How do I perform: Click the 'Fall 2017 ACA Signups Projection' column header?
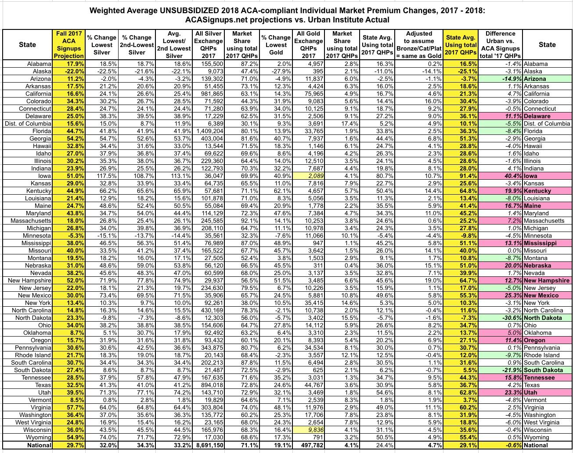tap(69, 44)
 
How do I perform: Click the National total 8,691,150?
tap(208, 445)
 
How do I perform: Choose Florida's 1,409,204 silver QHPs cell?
tap(208, 131)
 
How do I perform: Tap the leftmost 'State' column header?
tap(27, 44)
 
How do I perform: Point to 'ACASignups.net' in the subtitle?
tap(212, 20)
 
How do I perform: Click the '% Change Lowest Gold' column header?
tap(276, 44)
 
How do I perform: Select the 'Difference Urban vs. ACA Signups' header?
tap(500, 44)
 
